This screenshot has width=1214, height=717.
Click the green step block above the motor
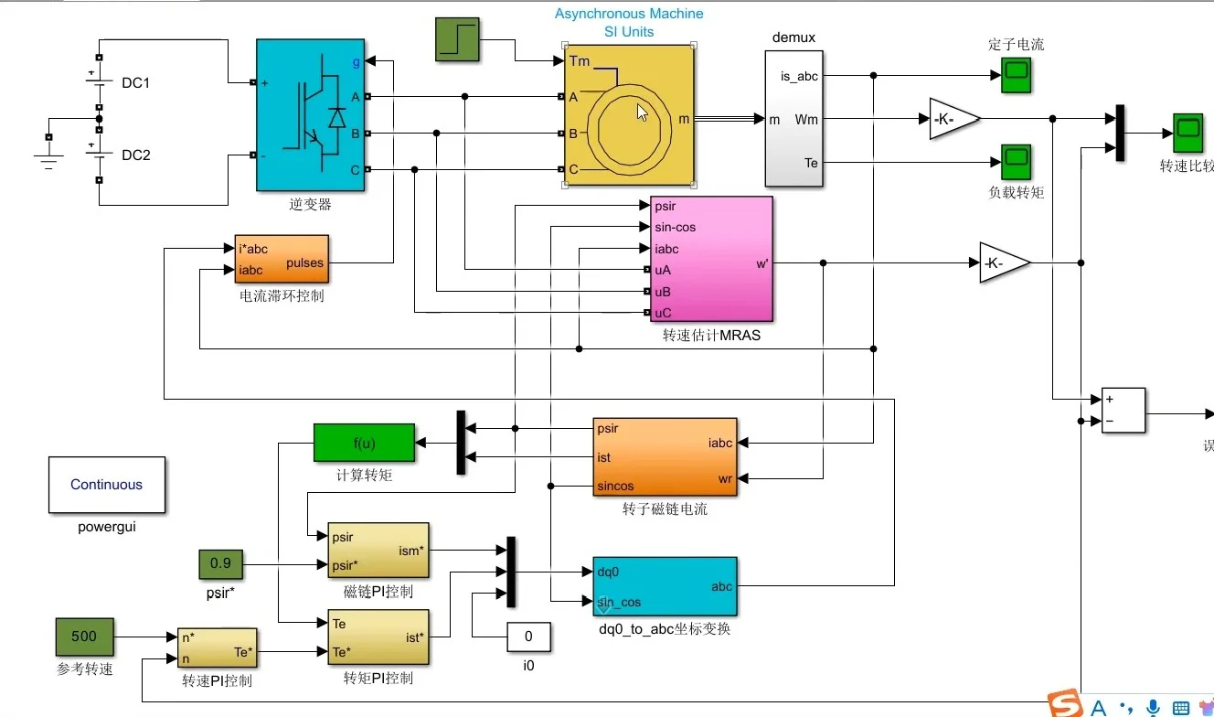click(457, 39)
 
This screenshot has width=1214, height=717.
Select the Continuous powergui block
click(107, 485)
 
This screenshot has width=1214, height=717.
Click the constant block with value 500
click(84, 637)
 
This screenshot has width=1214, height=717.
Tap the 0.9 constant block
click(220, 563)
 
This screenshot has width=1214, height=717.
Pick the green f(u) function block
click(364, 444)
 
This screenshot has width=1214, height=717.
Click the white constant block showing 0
click(528, 637)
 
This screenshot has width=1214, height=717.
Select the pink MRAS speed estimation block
click(711, 259)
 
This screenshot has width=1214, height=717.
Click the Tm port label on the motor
click(580, 60)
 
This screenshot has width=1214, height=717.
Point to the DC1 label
click(135, 83)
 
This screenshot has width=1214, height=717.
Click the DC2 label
click(135, 155)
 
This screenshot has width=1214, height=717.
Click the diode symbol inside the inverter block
click(337, 118)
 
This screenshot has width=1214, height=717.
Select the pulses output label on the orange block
click(304, 263)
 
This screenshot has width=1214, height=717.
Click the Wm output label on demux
click(806, 119)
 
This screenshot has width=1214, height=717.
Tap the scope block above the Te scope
click(1017, 75)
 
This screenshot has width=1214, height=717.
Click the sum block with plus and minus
click(1123, 410)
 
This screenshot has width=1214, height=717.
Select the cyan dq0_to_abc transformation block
click(665, 586)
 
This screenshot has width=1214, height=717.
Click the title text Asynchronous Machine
click(629, 14)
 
